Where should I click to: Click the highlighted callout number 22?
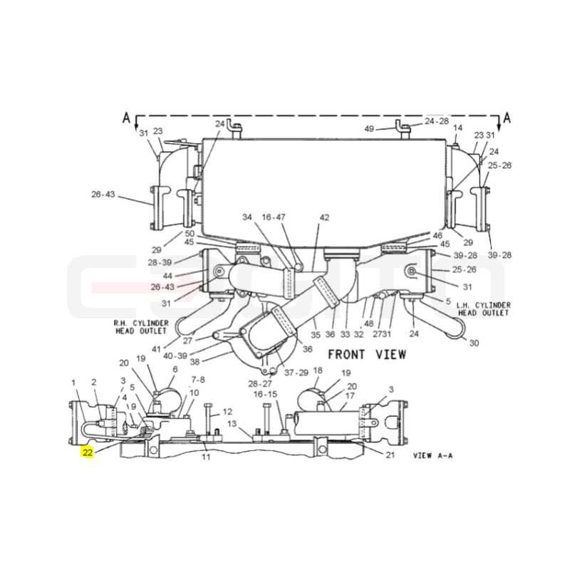pyautogui.click(x=88, y=452)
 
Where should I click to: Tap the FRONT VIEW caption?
pyautogui.click(x=367, y=354)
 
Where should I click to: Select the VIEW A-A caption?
pyautogui.click(x=433, y=455)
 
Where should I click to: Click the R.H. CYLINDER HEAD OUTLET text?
pyautogui.click(x=141, y=327)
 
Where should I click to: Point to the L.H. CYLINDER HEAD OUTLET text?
pyautogui.click(x=484, y=309)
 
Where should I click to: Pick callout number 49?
pyautogui.click(x=369, y=129)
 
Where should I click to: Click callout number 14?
pyautogui.click(x=457, y=128)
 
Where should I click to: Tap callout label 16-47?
pyautogui.click(x=274, y=217)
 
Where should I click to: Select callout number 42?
pyautogui.click(x=324, y=217)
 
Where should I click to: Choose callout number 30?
pyautogui.click(x=474, y=343)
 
